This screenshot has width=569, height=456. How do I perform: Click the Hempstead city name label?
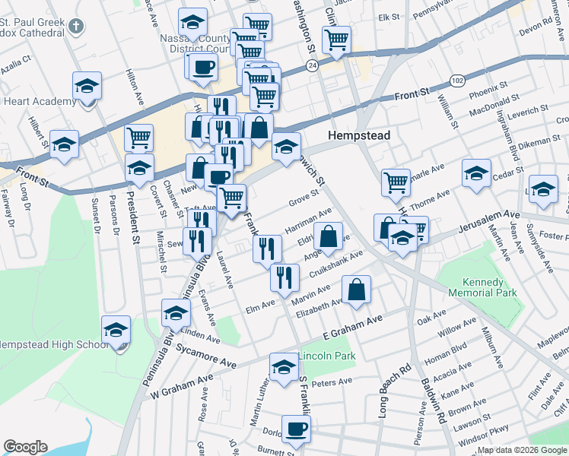pyautogui.click(x=359, y=135)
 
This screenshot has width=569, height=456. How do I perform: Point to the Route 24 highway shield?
pyautogui.click(x=313, y=67)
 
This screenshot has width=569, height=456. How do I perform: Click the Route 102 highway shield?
pyautogui.click(x=457, y=81)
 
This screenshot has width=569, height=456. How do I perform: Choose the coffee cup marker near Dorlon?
pyautogui.click(x=296, y=428)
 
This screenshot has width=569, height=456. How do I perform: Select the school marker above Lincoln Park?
pyautogui.click(x=284, y=368)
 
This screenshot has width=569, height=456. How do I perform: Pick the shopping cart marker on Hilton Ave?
pyautogui.click(x=138, y=138)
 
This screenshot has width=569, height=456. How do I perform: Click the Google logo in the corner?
pyautogui.click(x=25, y=447)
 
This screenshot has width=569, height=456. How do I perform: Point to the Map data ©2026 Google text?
pyautogui.click(x=521, y=450)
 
